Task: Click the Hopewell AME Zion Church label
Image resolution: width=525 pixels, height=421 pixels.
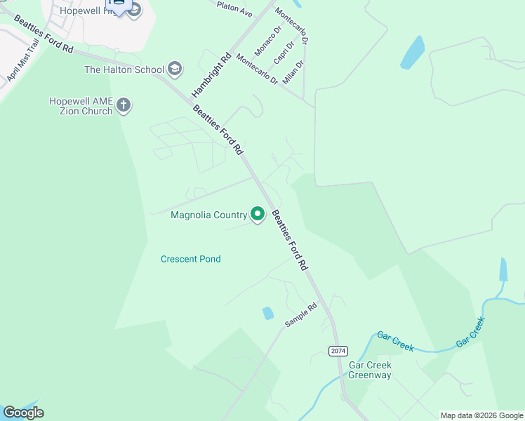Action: [x=81, y=106]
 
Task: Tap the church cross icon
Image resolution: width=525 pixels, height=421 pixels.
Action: [x=124, y=106]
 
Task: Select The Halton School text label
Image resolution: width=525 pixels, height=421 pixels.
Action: [x=124, y=69]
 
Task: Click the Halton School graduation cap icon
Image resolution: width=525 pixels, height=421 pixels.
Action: [x=175, y=69]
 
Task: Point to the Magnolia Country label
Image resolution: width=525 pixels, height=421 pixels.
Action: [x=209, y=215]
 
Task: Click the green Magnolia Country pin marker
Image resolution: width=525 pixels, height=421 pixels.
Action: [x=258, y=213]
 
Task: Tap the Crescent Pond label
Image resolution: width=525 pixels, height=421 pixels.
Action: [x=191, y=259]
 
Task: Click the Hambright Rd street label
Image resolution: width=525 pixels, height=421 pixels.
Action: [x=211, y=76]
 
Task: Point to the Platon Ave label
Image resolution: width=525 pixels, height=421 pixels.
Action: [x=234, y=8]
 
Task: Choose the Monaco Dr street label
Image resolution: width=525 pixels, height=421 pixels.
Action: [x=267, y=41]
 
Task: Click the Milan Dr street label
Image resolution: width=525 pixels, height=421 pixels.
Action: [x=293, y=72]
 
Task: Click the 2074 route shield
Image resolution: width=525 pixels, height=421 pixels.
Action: [x=338, y=350]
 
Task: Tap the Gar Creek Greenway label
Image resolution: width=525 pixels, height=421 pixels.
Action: [x=370, y=370]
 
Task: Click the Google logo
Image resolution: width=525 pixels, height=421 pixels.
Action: [x=23, y=413]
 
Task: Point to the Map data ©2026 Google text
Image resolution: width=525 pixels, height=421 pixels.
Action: [x=481, y=415]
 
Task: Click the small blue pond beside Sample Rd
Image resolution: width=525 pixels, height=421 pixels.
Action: [x=268, y=313]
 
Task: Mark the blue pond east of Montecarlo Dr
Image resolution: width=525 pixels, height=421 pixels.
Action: [x=413, y=53]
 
